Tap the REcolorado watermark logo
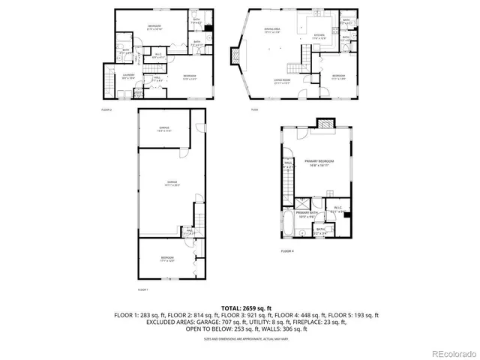click(446, 353)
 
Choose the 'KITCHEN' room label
click(319, 35)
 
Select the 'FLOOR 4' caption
click(287, 250)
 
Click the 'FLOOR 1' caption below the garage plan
click(142, 289)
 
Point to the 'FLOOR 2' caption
click(106, 110)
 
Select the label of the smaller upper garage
click(164, 128)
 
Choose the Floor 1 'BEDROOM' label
click(166, 259)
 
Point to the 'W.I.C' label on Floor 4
click(338, 208)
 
